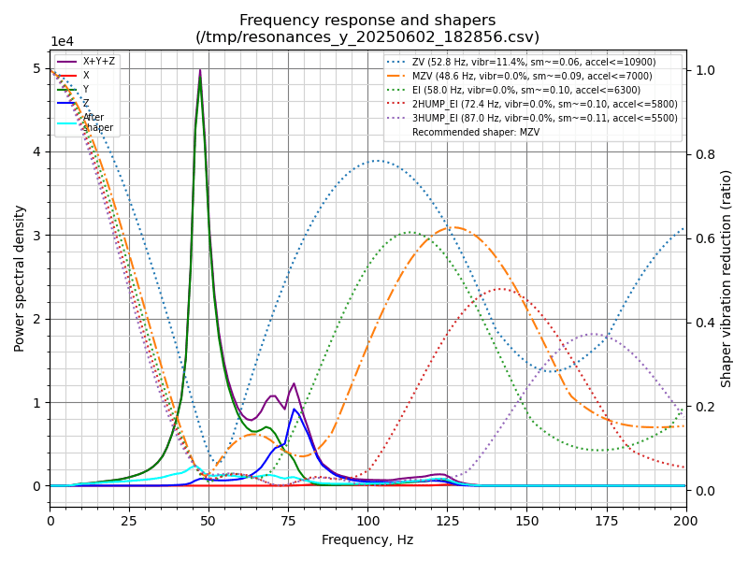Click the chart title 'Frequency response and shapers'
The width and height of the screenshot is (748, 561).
tap(367, 21)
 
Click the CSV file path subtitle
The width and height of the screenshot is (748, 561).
tap(367, 37)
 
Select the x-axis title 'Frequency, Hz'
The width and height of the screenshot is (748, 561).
tap(367, 539)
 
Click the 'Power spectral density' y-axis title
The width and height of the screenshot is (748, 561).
tap(20, 278)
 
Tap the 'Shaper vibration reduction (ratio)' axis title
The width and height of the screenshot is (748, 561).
tap(726, 278)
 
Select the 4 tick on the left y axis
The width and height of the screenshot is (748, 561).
tap(37, 151)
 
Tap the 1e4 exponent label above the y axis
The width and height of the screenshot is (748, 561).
tap(62, 42)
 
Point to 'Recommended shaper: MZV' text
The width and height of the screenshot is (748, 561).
tap(476, 133)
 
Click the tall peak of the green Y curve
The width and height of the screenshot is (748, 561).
tap(199, 77)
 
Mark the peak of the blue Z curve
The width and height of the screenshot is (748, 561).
tap(295, 409)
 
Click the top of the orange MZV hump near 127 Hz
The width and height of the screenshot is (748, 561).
tap(453, 226)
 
